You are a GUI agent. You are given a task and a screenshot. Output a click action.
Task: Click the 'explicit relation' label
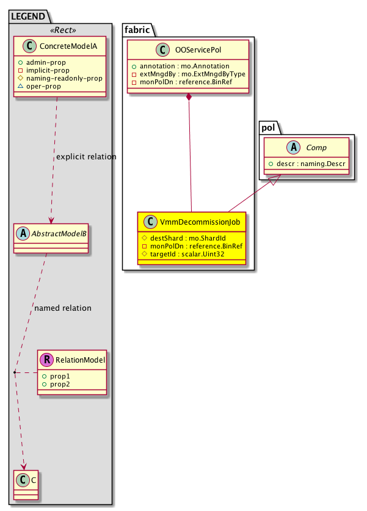click(85, 157)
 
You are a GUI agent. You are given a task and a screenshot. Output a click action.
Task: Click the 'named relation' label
click(63, 308)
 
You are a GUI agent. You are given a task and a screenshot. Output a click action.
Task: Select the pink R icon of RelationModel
click(46, 360)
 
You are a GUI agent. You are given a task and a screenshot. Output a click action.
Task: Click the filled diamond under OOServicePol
click(190, 98)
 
